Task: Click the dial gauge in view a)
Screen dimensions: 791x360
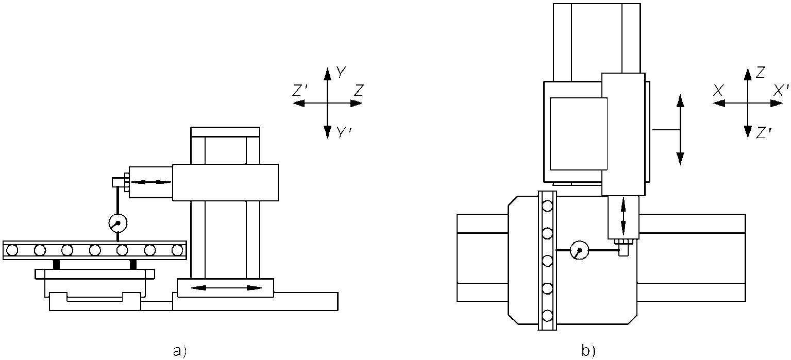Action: (x=118, y=222)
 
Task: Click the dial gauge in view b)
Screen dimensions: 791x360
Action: (x=580, y=250)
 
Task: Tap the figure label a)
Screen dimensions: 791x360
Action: (x=180, y=351)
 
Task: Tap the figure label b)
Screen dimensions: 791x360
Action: (x=588, y=351)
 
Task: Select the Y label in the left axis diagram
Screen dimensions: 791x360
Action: (x=341, y=72)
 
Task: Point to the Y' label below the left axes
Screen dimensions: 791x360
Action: (x=343, y=132)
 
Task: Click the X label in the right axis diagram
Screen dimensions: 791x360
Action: (x=718, y=91)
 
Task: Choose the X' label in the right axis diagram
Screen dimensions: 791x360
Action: (x=781, y=91)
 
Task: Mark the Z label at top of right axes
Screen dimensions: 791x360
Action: (x=760, y=72)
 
